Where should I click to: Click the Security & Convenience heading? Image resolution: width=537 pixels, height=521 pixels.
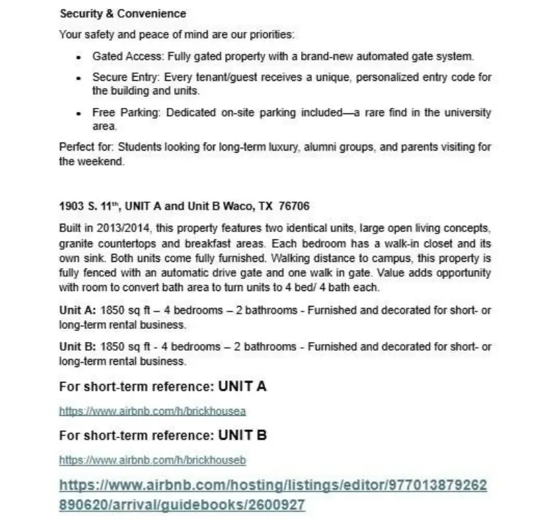coord(123,14)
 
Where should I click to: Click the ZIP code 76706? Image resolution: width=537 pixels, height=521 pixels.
coord(296,205)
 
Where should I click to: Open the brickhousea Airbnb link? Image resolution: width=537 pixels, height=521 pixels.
coord(152,411)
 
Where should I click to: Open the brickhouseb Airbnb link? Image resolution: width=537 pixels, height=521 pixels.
coord(152,461)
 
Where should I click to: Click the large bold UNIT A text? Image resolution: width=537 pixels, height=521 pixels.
coord(242,387)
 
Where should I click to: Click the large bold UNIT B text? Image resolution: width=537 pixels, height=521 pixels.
coord(242,436)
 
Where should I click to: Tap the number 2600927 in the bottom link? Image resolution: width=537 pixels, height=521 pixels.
coord(273,505)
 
